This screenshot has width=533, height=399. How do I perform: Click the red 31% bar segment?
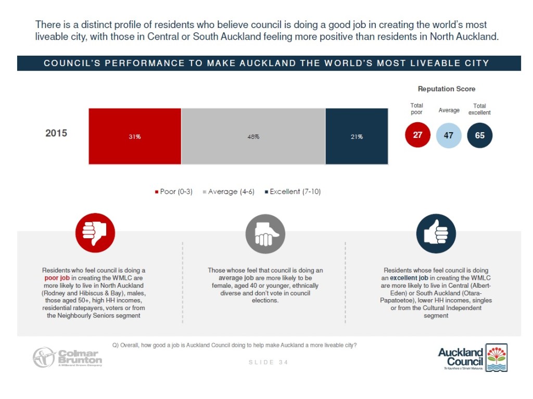coord(135,136)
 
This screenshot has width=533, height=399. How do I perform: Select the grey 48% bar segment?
coord(253,136)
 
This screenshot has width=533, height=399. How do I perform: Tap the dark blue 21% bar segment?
coord(357,136)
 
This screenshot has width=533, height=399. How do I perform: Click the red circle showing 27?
coord(417,135)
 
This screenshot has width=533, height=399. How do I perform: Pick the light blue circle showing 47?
coord(448,135)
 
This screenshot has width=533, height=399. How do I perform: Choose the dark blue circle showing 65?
coord(479,135)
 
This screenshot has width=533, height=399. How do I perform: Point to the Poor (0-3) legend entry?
coord(174,192)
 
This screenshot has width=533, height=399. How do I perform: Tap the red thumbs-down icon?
coord(95,233)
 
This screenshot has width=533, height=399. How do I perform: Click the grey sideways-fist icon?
coord(265,234)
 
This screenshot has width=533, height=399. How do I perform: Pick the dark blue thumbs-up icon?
coord(436,233)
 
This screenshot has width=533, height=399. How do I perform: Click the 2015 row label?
coord(56,133)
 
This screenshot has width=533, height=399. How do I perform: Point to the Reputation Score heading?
coord(447,89)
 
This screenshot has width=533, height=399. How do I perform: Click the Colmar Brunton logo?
coord(67,357)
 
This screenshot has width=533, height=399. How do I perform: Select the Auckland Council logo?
coord(472,357)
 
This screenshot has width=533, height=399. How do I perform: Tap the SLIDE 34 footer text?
coord(268,362)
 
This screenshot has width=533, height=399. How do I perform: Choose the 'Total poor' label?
coord(416,109)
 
